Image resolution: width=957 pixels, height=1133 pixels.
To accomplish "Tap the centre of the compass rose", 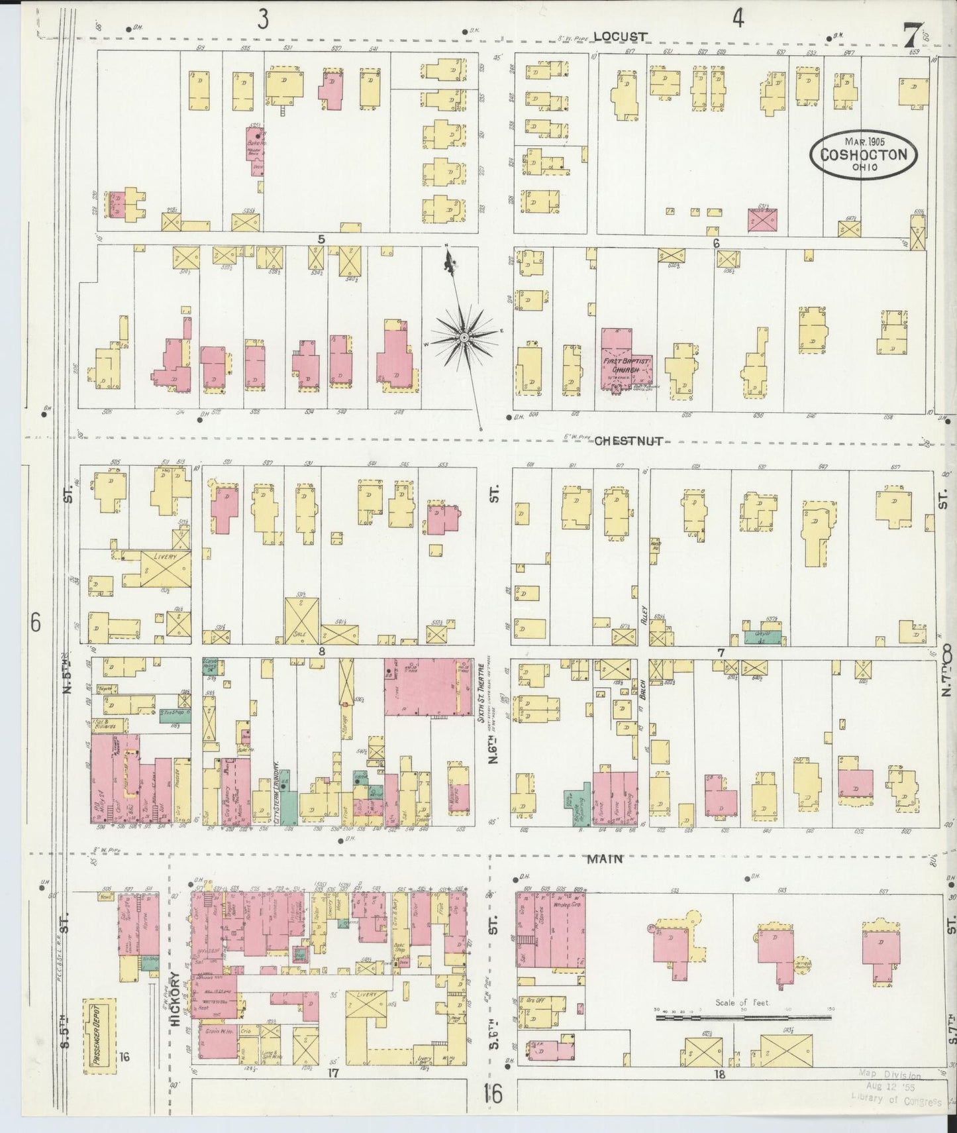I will click(x=465, y=338).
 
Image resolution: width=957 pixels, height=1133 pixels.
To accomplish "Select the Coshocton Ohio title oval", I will click(x=865, y=155).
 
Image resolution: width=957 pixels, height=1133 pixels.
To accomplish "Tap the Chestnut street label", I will click(x=629, y=441).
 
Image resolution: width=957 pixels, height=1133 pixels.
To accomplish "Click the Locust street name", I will click(x=620, y=37).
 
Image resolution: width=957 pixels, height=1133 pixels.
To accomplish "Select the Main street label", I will click(x=605, y=859).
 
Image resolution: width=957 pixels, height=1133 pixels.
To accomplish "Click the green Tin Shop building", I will click(x=176, y=715).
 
